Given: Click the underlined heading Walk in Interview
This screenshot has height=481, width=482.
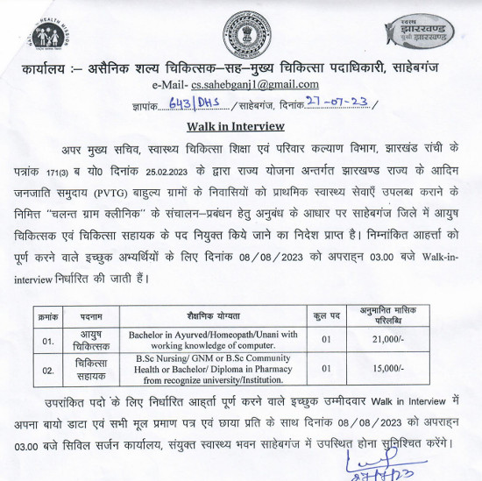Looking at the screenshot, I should point(239,125).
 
